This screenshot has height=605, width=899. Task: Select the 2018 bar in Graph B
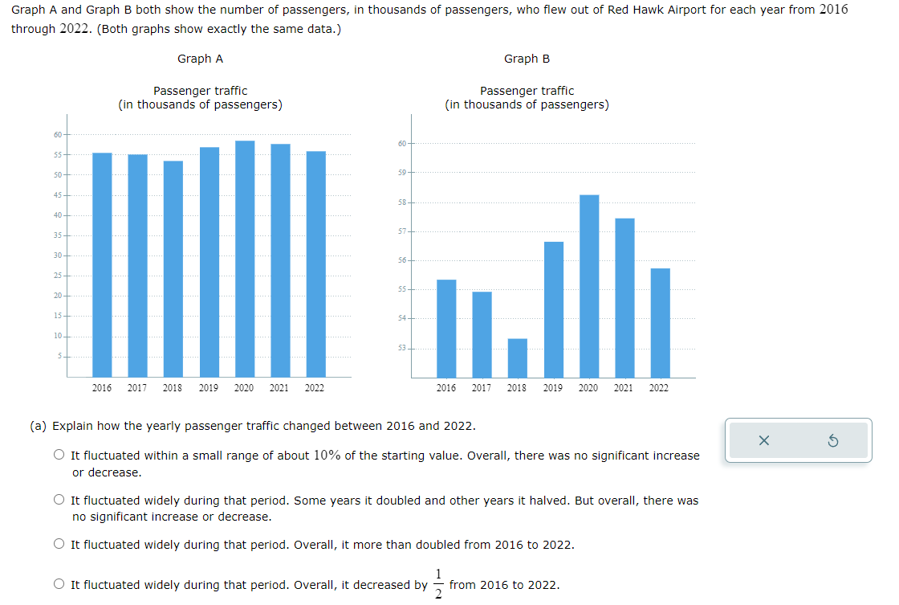coord(518,358)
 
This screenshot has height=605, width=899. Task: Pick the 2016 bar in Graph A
coord(102,264)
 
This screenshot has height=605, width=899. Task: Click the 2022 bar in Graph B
coord(660,322)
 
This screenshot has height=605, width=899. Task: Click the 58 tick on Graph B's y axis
coord(402,202)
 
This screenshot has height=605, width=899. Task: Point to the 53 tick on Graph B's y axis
coord(402,348)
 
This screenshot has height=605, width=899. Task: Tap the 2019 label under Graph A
coord(209,388)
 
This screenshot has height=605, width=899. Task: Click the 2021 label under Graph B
coord(624,388)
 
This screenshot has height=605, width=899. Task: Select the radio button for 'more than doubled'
coord(60,545)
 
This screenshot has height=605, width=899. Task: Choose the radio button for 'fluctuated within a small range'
coord(60,456)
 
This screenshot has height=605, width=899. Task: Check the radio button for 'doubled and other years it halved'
coord(60,501)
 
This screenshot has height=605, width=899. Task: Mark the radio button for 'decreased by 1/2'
coord(60,585)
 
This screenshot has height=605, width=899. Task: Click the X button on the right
coord(763,440)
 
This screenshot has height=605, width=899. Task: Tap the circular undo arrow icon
coord(832,440)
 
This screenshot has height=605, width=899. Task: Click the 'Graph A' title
coord(200,59)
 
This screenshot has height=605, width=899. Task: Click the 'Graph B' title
coord(527,59)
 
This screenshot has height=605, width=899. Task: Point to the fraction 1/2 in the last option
coord(438,584)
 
